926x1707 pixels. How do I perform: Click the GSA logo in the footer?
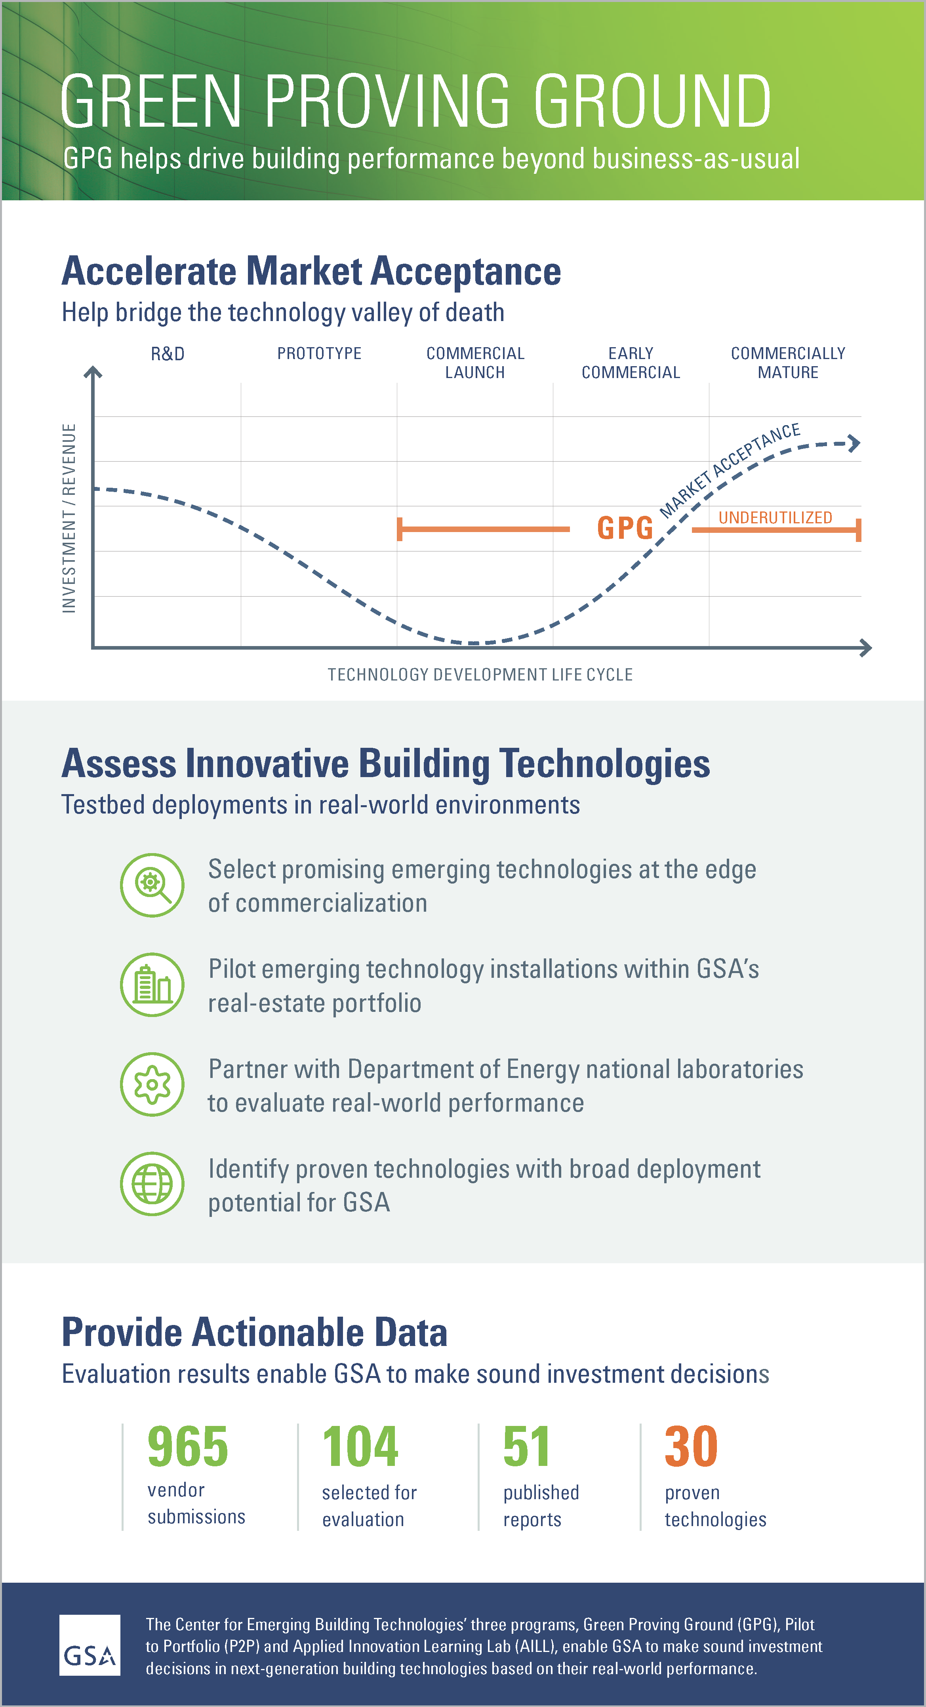pyautogui.click(x=90, y=1645)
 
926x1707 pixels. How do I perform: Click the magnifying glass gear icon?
pyautogui.click(x=152, y=885)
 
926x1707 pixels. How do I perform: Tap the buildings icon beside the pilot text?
pyautogui.click(x=152, y=985)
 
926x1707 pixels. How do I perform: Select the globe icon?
pyautogui.click(x=152, y=1184)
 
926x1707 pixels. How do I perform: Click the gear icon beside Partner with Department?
pyautogui.click(x=152, y=1084)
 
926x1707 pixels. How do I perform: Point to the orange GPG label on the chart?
pyautogui.click(x=625, y=528)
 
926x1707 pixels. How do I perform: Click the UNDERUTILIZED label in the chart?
pyautogui.click(x=775, y=517)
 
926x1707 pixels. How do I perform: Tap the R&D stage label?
pyautogui.click(x=168, y=354)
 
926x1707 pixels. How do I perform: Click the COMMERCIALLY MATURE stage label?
pyautogui.click(x=788, y=363)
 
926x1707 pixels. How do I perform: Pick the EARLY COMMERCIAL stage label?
pyautogui.click(x=631, y=363)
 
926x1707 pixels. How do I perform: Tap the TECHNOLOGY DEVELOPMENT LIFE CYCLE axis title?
pyautogui.click(x=480, y=675)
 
